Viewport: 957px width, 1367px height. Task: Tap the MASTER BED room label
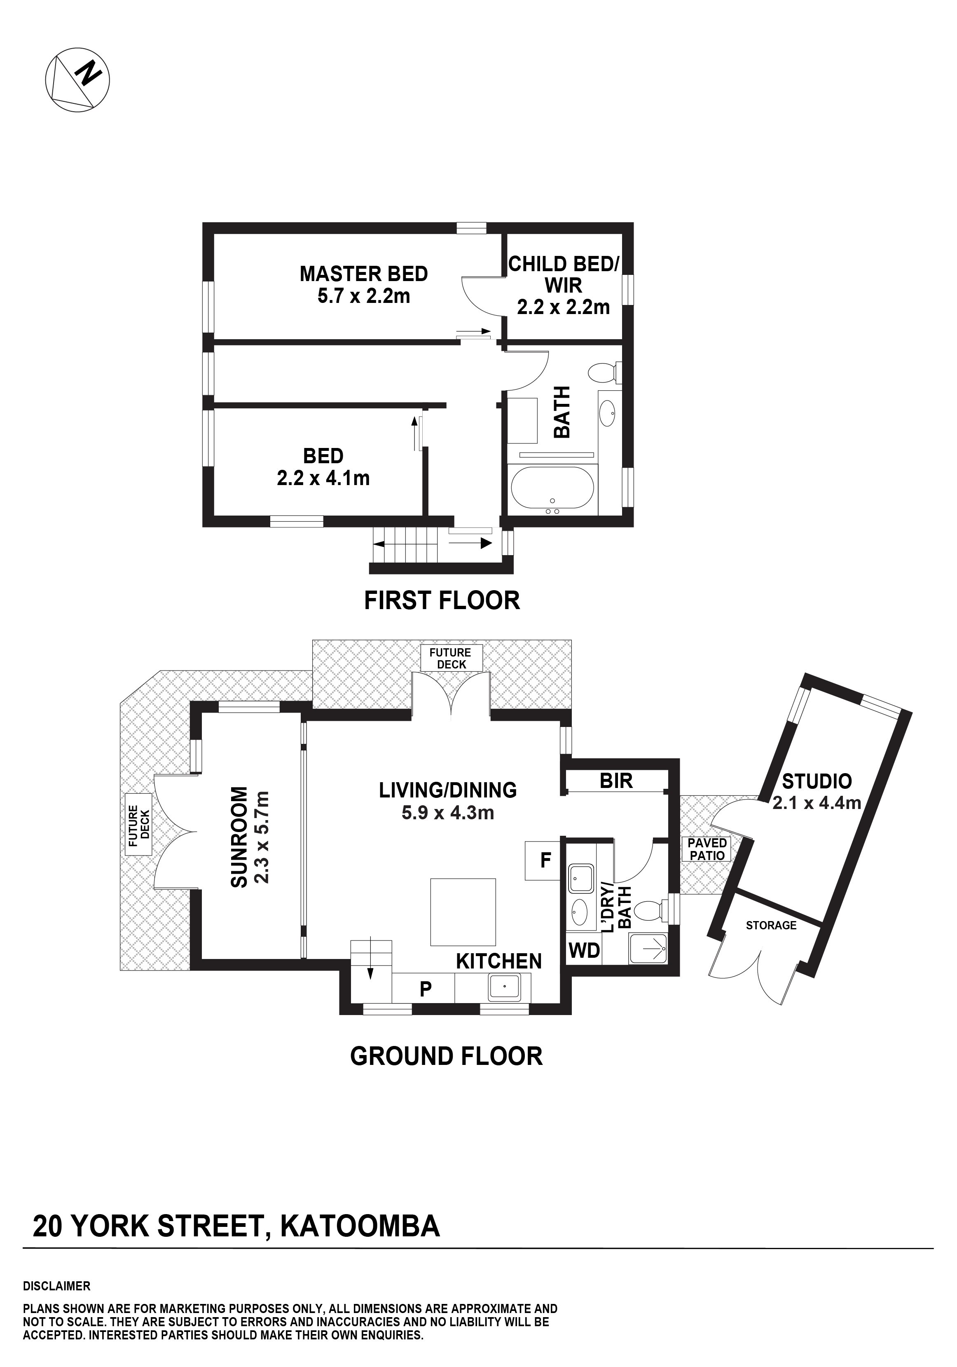pos(364,274)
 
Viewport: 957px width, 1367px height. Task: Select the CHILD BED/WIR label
pos(564,274)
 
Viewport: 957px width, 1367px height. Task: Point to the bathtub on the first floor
pos(552,490)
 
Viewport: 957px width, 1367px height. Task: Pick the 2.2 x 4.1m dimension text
pos(323,478)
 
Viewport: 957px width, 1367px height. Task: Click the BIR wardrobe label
pos(616,781)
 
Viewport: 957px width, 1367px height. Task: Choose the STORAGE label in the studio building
pos(771,925)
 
